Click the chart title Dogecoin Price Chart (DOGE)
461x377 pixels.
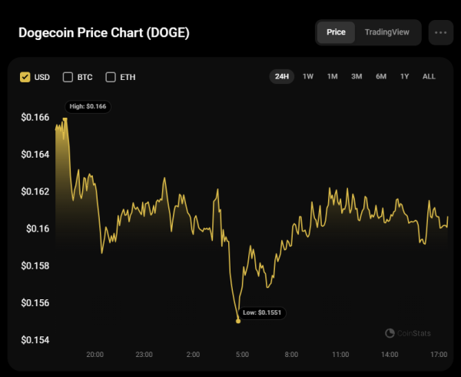coord(104,33)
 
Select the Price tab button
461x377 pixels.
coord(336,32)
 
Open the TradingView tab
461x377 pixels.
coord(387,32)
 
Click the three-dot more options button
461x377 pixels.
coord(440,33)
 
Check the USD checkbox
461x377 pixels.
coord(25,77)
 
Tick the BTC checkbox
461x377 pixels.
coord(68,77)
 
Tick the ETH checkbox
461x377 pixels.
coord(111,77)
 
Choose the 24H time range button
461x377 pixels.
coord(281,76)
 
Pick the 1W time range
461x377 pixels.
coord(308,76)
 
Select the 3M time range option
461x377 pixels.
coord(357,76)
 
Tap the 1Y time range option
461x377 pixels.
coord(405,76)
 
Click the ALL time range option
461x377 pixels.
coord(429,76)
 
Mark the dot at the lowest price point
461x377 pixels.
coord(238,320)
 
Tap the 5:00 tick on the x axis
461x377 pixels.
coord(242,355)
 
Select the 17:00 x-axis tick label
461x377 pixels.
coord(439,355)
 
